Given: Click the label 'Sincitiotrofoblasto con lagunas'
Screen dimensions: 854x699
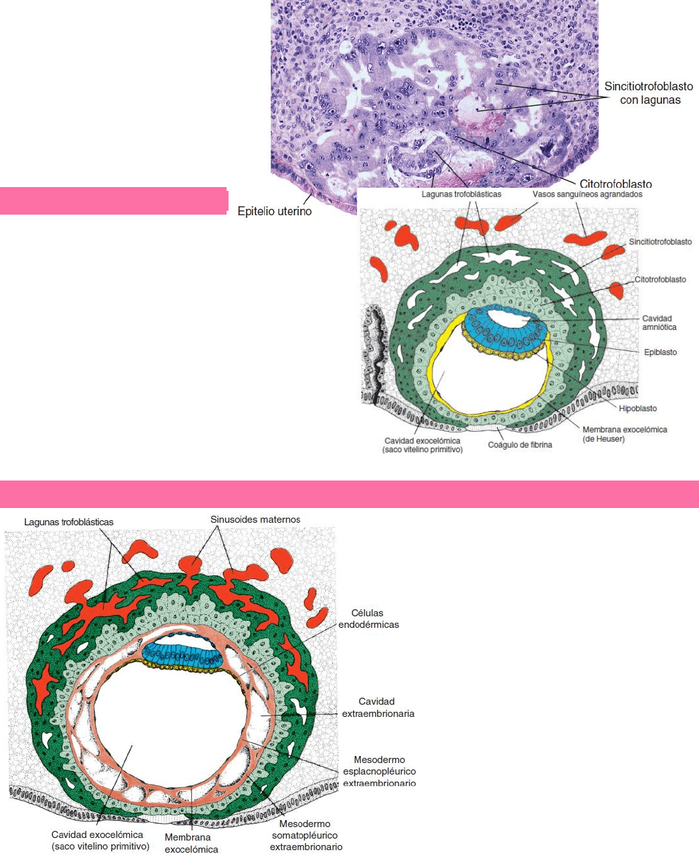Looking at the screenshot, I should pos(648,93).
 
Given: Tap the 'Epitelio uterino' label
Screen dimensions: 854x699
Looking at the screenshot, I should pos(275,211).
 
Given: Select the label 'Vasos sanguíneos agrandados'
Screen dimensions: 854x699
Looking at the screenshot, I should pos(587,194).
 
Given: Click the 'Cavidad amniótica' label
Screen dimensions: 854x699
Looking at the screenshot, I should pos(659,322).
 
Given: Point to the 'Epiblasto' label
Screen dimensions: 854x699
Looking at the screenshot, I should pos(660,352).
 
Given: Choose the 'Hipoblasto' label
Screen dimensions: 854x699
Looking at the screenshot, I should pos(638,408).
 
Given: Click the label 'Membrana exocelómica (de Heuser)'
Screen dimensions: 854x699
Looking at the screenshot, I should pos(624,434).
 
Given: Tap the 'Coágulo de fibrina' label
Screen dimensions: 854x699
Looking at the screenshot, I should pos(520,445).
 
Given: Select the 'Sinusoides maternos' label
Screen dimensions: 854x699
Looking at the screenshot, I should pos(255,520).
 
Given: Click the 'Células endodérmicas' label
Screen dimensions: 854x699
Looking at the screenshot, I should pos(368,618).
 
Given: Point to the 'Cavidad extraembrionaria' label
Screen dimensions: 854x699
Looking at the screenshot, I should pos(378,707).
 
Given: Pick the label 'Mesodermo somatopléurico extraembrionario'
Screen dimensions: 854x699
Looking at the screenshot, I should pos(305,835).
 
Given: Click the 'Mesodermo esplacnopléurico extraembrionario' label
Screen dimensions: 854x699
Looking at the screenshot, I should pos(379,771).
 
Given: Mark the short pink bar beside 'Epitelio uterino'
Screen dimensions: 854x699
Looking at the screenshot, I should pos(113,201).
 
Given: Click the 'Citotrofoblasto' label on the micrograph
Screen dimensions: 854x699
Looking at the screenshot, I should pos(615,184).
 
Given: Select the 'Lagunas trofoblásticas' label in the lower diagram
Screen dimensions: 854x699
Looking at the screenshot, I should pos(68,522).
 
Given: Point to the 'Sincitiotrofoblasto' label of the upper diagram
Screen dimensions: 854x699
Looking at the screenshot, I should pos(660,242).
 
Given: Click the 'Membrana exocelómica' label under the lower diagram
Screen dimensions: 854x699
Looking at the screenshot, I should pos(191,843).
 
